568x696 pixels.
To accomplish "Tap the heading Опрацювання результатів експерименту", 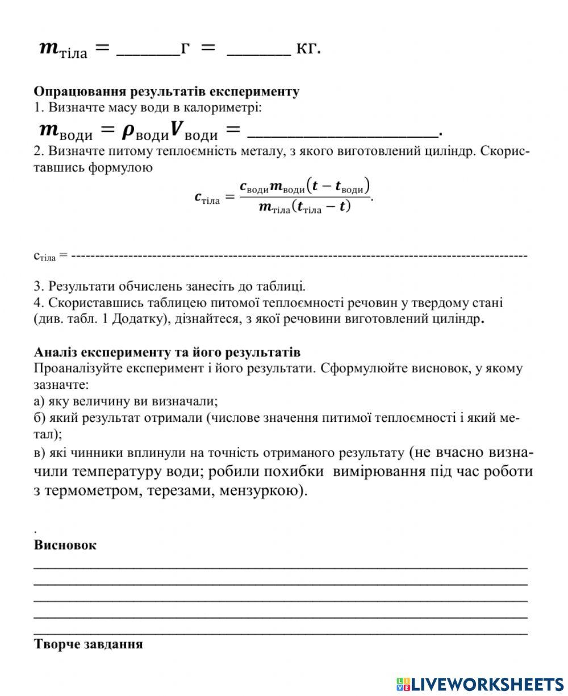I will pyautogui.click(x=166, y=91).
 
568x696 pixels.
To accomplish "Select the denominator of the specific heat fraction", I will pyautogui.click(x=304, y=207).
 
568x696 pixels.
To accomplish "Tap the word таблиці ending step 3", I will pyautogui.click(x=285, y=286).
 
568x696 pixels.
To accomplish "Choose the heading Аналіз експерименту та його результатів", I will pyautogui.click(x=167, y=352).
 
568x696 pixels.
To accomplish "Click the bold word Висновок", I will pyautogui.click(x=65, y=545).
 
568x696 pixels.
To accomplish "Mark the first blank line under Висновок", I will pyautogui.click(x=281, y=565).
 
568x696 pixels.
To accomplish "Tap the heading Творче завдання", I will pyautogui.click(x=88, y=644).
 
